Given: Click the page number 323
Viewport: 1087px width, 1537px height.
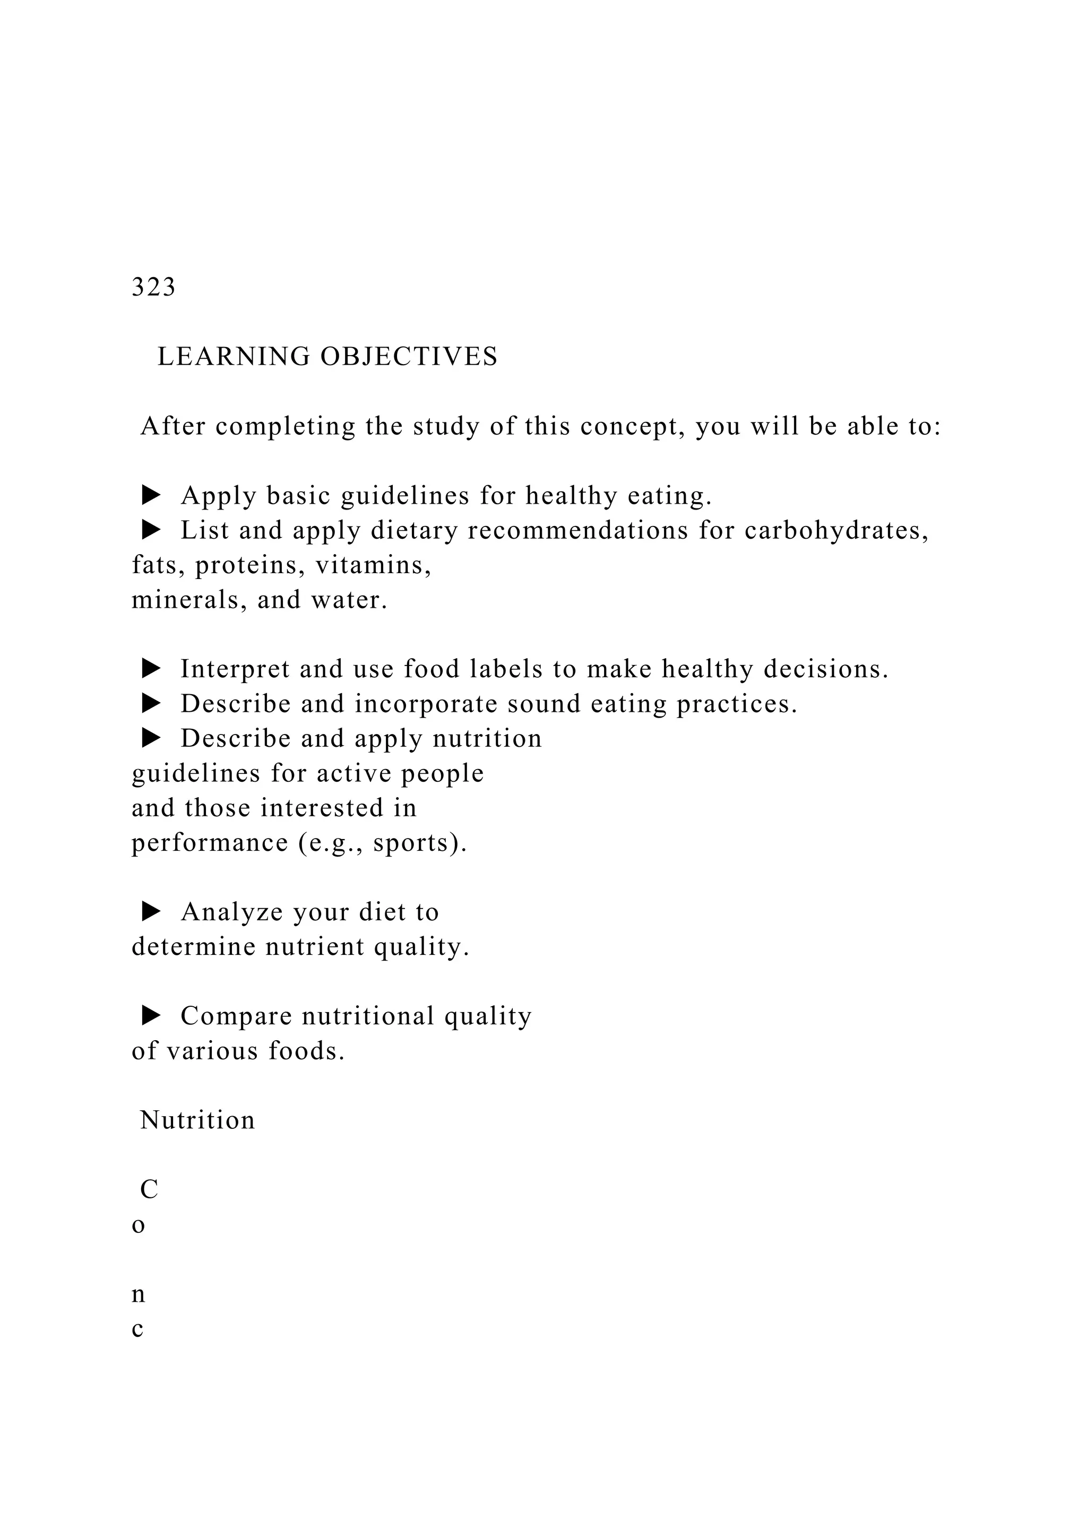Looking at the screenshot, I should click(x=153, y=287).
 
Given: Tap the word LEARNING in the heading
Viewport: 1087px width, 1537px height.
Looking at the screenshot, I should click(x=234, y=357).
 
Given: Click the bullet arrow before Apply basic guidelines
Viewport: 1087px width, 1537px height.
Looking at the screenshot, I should click(x=152, y=495).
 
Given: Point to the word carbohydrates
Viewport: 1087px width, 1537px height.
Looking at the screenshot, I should click(x=835, y=530).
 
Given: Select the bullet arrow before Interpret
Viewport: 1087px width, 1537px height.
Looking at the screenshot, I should click(x=152, y=669).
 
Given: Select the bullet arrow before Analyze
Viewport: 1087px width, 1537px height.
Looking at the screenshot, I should click(x=152, y=911).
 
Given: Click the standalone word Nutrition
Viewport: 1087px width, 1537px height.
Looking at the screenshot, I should click(x=197, y=1120).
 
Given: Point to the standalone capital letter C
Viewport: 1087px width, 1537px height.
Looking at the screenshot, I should click(x=149, y=1189).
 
